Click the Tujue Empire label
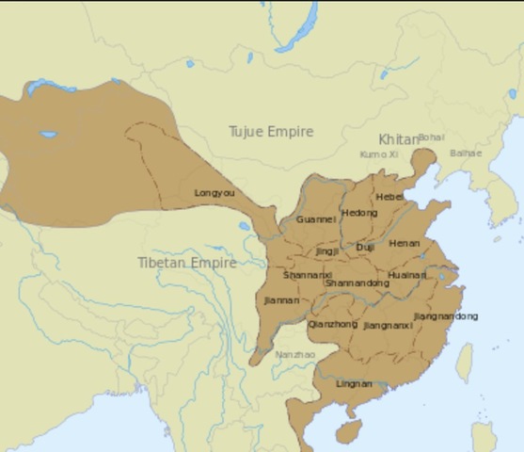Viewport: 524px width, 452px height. (271, 132)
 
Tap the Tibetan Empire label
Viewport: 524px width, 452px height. (186, 263)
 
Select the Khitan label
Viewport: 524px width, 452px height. (399, 139)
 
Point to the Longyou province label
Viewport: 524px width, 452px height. (214, 193)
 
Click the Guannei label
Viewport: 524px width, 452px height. (315, 218)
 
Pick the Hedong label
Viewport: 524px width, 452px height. (358, 213)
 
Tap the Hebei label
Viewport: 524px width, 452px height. (389, 197)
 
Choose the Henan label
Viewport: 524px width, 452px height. (404, 243)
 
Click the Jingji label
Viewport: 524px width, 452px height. (326, 251)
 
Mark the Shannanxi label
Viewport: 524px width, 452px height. (306, 275)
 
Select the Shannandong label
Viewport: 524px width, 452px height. (357, 282)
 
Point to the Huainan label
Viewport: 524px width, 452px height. (406, 275)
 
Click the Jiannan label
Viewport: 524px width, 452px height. (282, 300)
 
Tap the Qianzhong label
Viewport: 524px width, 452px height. (333, 324)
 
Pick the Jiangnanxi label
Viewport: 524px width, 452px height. (388, 325)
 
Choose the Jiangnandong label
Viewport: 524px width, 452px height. (445, 315)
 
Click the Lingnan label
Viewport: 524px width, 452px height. (354, 383)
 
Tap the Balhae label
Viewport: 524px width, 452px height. (465, 153)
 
